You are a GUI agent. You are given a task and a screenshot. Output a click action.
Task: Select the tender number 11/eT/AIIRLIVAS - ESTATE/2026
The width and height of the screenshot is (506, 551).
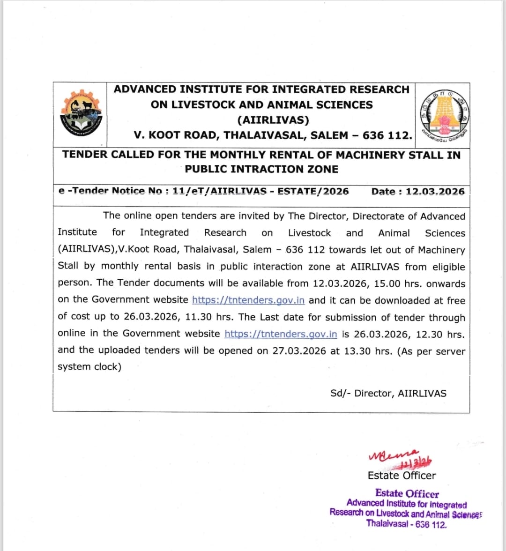pyautogui.click(x=260, y=191)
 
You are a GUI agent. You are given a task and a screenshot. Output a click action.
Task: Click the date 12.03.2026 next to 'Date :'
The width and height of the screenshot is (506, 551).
pyautogui.click(x=435, y=192)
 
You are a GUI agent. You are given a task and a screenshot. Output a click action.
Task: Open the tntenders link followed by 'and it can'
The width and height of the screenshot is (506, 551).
pyautogui.click(x=248, y=300)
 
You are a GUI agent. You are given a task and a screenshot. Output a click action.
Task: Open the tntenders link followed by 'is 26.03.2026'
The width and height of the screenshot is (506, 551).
pyautogui.click(x=281, y=334)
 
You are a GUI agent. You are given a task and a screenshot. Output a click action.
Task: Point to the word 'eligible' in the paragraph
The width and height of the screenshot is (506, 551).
pyautogui.click(x=448, y=267)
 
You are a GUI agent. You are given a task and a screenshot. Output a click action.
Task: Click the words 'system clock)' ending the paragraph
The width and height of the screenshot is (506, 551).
pyautogui.click(x=89, y=367)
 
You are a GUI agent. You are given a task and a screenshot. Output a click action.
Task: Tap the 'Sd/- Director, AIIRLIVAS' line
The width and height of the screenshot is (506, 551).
pyautogui.click(x=388, y=394)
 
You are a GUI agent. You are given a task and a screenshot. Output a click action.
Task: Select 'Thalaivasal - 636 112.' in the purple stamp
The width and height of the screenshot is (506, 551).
pyautogui.click(x=406, y=524)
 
